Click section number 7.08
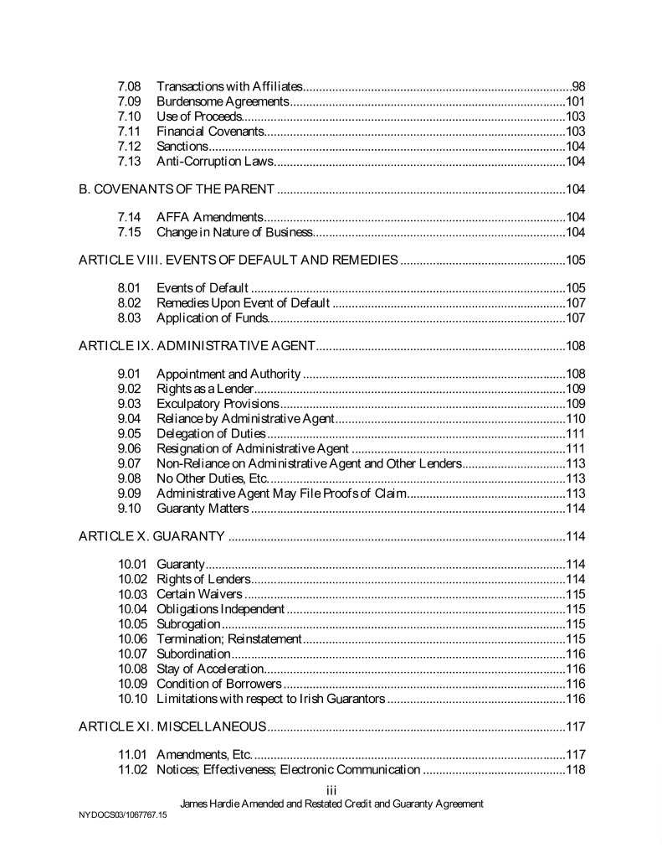pyautogui.click(x=129, y=86)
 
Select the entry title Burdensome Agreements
pyautogui.click(x=223, y=101)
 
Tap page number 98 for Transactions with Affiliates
pyautogui.click(x=577, y=86)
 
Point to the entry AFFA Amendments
pyautogui.click(x=210, y=217)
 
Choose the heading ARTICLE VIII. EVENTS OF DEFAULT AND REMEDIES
pyautogui.click(x=238, y=259)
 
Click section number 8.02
pyautogui.click(x=129, y=302)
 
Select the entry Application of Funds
pyautogui.click(x=212, y=318)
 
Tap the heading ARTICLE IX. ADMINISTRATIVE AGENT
pyautogui.click(x=197, y=345)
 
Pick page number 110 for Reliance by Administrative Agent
pyautogui.click(x=575, y=418)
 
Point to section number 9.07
pyautogui.click(x=129, y=463)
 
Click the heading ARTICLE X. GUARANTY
pyautogui.click(x=151, y=535)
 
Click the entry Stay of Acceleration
pyautogui.click(x=210, y=668)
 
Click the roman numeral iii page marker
pyautogui.click(x=331, y=788)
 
